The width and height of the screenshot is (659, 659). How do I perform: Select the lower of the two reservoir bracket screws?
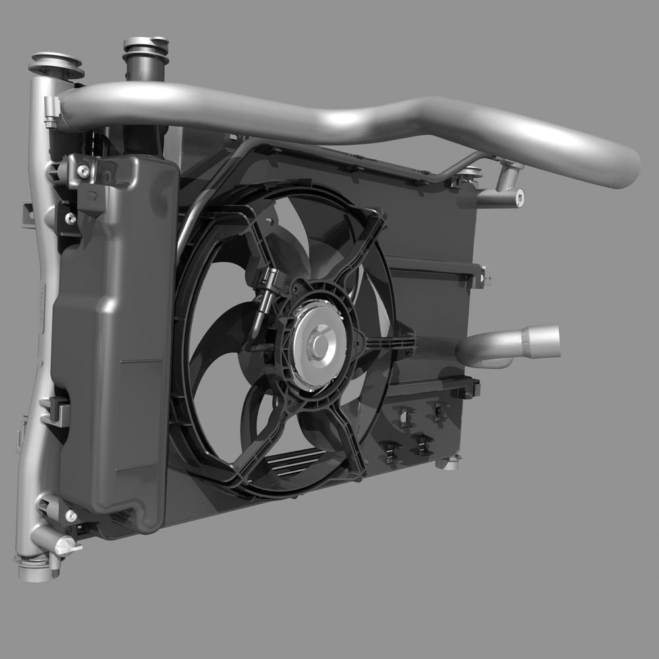70,218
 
